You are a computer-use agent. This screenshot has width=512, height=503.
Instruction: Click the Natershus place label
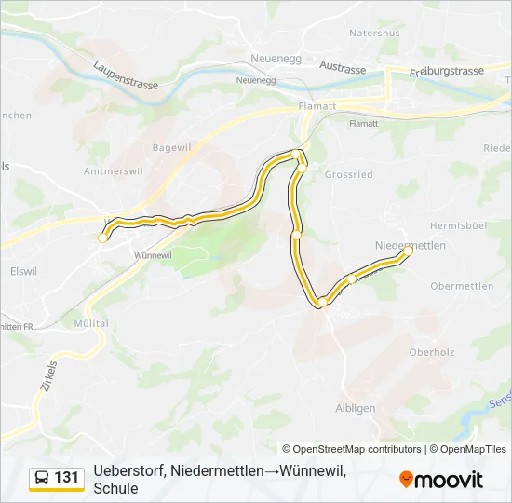point(374,33)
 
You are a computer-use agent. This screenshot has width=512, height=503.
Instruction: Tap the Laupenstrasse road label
point(126,75)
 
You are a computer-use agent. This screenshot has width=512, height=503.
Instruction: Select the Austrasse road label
point(343,67)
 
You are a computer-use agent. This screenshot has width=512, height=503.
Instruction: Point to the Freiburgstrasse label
point(449,70)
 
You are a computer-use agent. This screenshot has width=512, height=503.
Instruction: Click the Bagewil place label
point(170,147)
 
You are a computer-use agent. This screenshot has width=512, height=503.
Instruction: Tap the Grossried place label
point(348,174)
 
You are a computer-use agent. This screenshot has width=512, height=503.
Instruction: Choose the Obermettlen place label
point(462,286)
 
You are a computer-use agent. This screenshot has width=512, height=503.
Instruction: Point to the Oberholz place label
point(430,352)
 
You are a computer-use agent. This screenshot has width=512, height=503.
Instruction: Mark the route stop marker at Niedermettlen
point(408,251)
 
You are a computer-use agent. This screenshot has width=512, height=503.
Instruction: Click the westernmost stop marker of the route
point(102,238)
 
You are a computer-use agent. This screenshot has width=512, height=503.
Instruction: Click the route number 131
point(67,478)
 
